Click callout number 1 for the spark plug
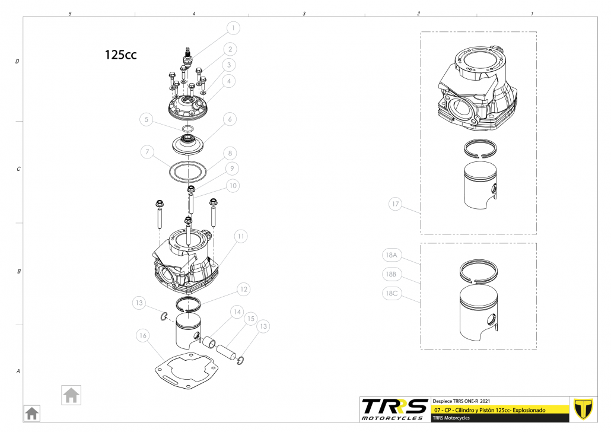pos(233,28)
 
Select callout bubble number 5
pos(147,119)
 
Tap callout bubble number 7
pos(147,152)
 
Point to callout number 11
pos(241,236)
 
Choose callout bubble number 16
pos(143,335)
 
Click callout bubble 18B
pos(391,274)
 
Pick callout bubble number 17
pos(396,204)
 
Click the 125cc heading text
pos(120,55)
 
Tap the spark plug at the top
pos(189,58)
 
